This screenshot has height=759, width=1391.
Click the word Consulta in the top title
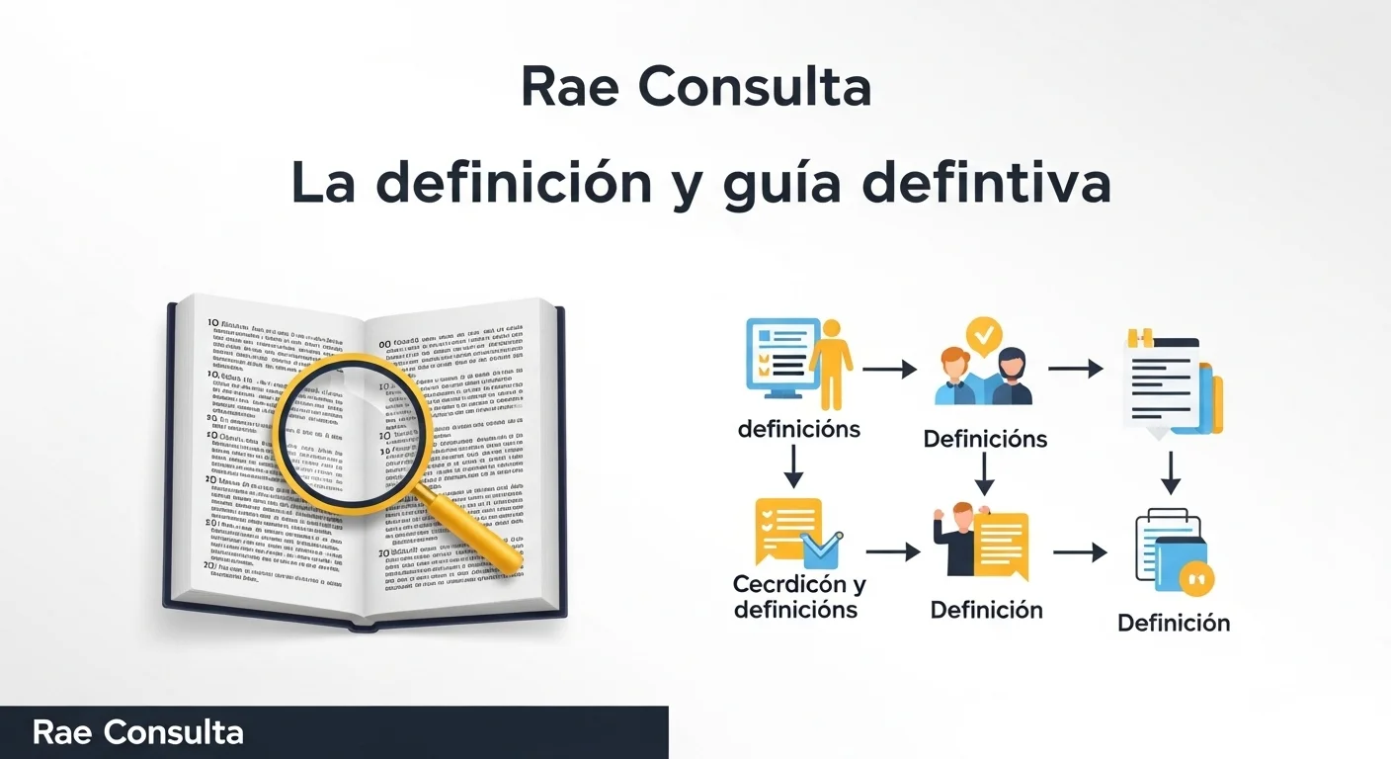[x=756, y=88]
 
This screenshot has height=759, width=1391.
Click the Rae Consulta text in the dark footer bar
[x=137, y=732]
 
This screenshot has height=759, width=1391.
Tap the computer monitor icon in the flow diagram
[x=780, y=356]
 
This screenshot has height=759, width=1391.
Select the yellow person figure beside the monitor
[x=831, y=363]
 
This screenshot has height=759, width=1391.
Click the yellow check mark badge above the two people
[x=982, y=336]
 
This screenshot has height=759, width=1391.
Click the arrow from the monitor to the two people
[x=889, y=370]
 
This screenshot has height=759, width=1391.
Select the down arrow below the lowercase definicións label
[x=792, y=466]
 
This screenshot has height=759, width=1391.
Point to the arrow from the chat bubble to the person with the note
[x=892, y=552]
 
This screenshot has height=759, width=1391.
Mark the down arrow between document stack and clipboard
[x=1170, y=473]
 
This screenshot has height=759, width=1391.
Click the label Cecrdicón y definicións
[x=798, y=597]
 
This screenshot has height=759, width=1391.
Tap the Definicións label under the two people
[x=985, y=439]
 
